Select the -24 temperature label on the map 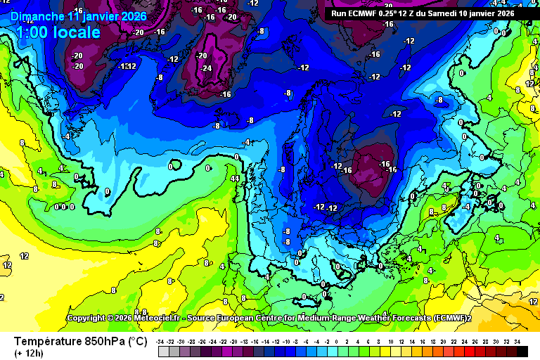coord(206,68)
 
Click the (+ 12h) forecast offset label coord(29,353)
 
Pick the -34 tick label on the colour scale coord(162,342)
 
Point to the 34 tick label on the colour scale coord(517,342)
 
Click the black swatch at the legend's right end coord(522,352)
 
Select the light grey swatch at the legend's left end coord(162,352)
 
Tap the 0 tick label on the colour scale coord(338,342)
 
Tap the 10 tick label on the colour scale coord(391,342)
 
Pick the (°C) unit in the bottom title coord(137,342)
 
